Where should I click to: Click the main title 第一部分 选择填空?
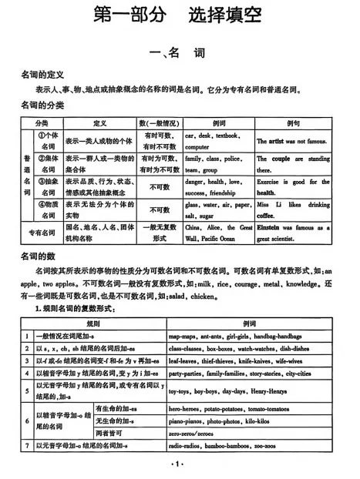[x=179, y=15]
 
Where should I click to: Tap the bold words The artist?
[x=271, y=142]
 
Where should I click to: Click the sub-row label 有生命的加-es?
[x=115, y=408]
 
